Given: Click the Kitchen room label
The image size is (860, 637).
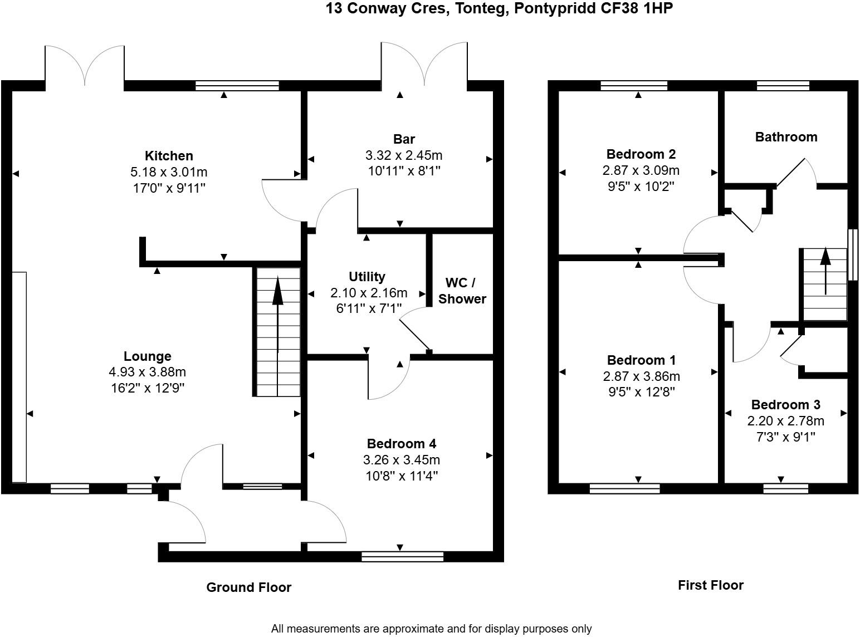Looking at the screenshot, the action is pyautogui.click(x=169, y=156).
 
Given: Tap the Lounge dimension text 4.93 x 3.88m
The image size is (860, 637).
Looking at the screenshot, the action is pyautogui.click(x=148, y=372).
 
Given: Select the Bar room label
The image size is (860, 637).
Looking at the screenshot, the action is pyautogui.click(x=404, y=139).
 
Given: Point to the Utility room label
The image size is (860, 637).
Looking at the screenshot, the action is pyautogui.click(x=367, y=277).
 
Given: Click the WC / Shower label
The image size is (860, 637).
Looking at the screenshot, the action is pyautogui.click(x=462, y=291).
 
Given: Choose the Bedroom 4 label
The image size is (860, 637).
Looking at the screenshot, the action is pyautogui.click(x=402, y=444).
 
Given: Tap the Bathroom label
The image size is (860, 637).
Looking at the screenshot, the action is pyautogui.click(x=786, y=137).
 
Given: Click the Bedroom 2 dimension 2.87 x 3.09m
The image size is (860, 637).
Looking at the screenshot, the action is pyautogui.click(x=641, y=170).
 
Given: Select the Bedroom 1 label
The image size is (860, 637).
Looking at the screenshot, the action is pyautogui.click(x=641, y=360).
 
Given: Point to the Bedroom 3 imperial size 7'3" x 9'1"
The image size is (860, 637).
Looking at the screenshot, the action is pyautogui.click(x=785, y=437).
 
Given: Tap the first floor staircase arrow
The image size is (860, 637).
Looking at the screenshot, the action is pyautogui.click(x=825, y=271).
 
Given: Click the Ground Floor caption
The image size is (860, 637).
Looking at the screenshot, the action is pyautogui.click(x=248, y=587).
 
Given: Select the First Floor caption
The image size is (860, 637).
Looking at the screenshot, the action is pyautogui.click(x=711, y=585).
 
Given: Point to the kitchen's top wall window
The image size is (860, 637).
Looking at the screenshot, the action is pyautogui.click(x=237, y=86).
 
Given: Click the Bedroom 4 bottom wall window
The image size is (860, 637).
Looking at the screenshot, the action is pyautogui.click(x=403, y=557).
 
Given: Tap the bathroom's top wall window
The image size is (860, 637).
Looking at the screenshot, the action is pyautogui.click(x=783, y=86).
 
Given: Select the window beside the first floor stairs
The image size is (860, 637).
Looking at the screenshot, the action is pyautogui.click(x=853, y=254).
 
